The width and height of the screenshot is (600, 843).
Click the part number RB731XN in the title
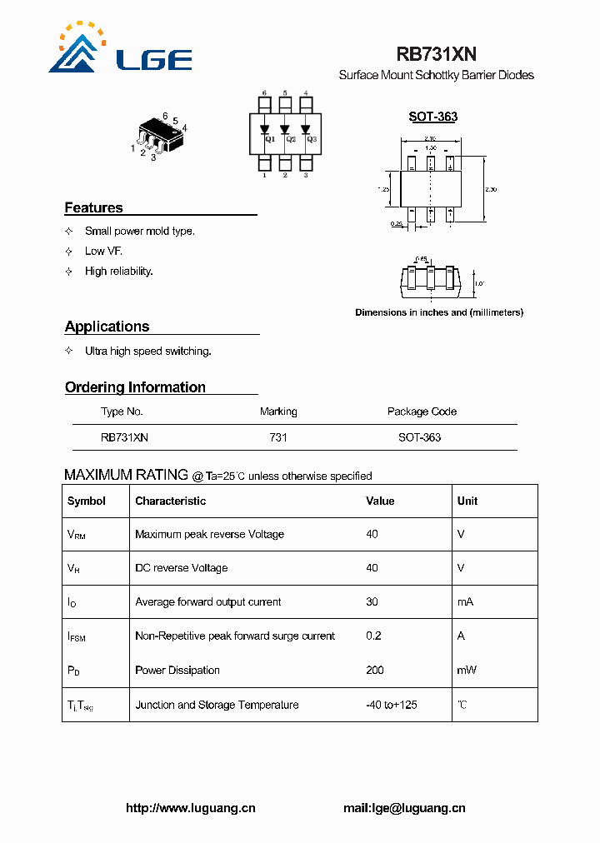[436, 54]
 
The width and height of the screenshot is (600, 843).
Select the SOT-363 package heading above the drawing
[432, 117]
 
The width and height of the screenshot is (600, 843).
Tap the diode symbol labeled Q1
[265, 130]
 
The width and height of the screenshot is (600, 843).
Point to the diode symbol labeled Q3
[306, 130]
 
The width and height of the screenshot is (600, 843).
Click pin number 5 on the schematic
[285, 93]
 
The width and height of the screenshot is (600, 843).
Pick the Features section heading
[93, 207]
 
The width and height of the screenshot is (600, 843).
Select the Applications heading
[107, 327]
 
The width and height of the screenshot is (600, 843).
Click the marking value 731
[278, 436]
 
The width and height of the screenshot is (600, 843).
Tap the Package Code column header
[422, 412]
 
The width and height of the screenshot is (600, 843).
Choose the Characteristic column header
[170, 501]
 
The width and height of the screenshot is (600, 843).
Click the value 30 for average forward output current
[372, 601]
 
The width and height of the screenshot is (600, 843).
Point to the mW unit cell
[466, 670]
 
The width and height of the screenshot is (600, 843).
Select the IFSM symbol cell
[77, 636]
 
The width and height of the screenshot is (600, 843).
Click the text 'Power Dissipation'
[177, 670]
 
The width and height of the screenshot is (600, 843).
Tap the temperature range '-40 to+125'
[392, 705]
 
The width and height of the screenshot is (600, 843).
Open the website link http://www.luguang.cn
[190, 808]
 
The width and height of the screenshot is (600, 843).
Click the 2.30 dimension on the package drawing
[491, 190]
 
